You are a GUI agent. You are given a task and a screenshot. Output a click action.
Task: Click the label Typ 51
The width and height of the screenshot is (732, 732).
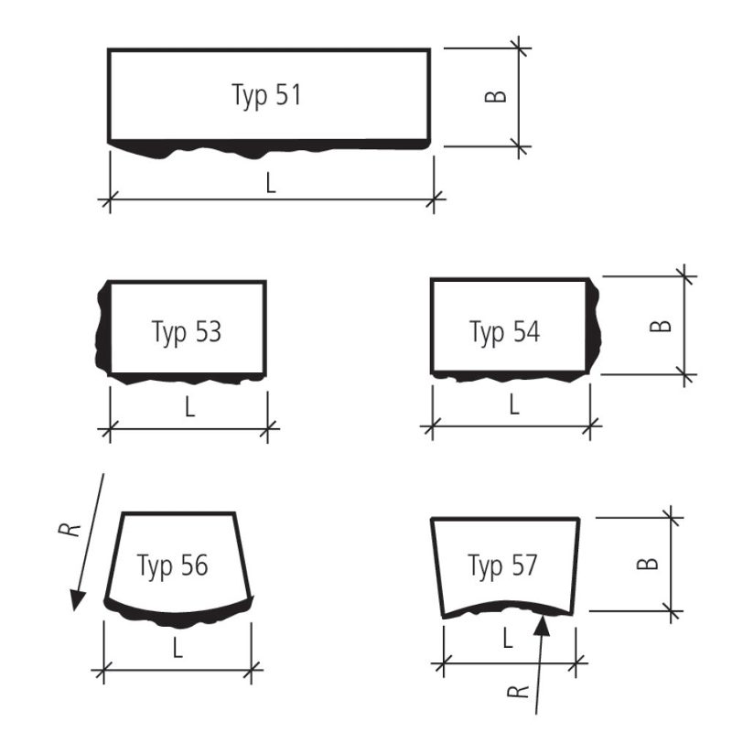point(266,96)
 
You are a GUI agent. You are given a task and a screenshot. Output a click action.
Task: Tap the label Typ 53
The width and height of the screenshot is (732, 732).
point(187,333)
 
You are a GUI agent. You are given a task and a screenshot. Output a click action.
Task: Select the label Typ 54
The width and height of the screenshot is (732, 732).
point(505,333)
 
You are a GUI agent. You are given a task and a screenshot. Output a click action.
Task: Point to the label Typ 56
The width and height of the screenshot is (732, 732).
point(172,566)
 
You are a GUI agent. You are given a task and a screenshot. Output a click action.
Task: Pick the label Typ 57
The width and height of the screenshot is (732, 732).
point(502,566)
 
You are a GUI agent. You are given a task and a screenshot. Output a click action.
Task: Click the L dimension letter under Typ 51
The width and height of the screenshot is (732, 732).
point(271,183)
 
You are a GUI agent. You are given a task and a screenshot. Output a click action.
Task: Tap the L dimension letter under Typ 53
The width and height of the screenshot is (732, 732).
point(189,407)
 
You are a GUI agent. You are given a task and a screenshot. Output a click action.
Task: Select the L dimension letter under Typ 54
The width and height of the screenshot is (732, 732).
point(514,404)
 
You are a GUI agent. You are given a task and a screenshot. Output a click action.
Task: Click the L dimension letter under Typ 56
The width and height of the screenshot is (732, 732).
point(178,648)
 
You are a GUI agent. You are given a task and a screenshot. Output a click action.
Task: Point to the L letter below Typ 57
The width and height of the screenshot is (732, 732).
point(508,638)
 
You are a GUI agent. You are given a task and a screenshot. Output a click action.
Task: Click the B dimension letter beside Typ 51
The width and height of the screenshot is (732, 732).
point(495,96)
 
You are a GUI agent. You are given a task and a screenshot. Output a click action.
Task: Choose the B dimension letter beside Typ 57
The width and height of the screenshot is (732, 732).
point(648,564)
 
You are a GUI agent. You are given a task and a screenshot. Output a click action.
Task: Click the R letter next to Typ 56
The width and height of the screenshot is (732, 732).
point(70,530)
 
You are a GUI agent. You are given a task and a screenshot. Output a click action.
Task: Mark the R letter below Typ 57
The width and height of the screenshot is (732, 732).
point(518,692)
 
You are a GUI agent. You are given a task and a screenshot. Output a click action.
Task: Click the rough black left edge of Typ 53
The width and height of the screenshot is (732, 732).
point(103,329)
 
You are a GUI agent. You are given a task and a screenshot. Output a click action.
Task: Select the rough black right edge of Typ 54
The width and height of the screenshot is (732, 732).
point(593,325)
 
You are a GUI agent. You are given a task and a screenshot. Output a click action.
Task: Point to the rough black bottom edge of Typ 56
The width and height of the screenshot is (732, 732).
point(178,617)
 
